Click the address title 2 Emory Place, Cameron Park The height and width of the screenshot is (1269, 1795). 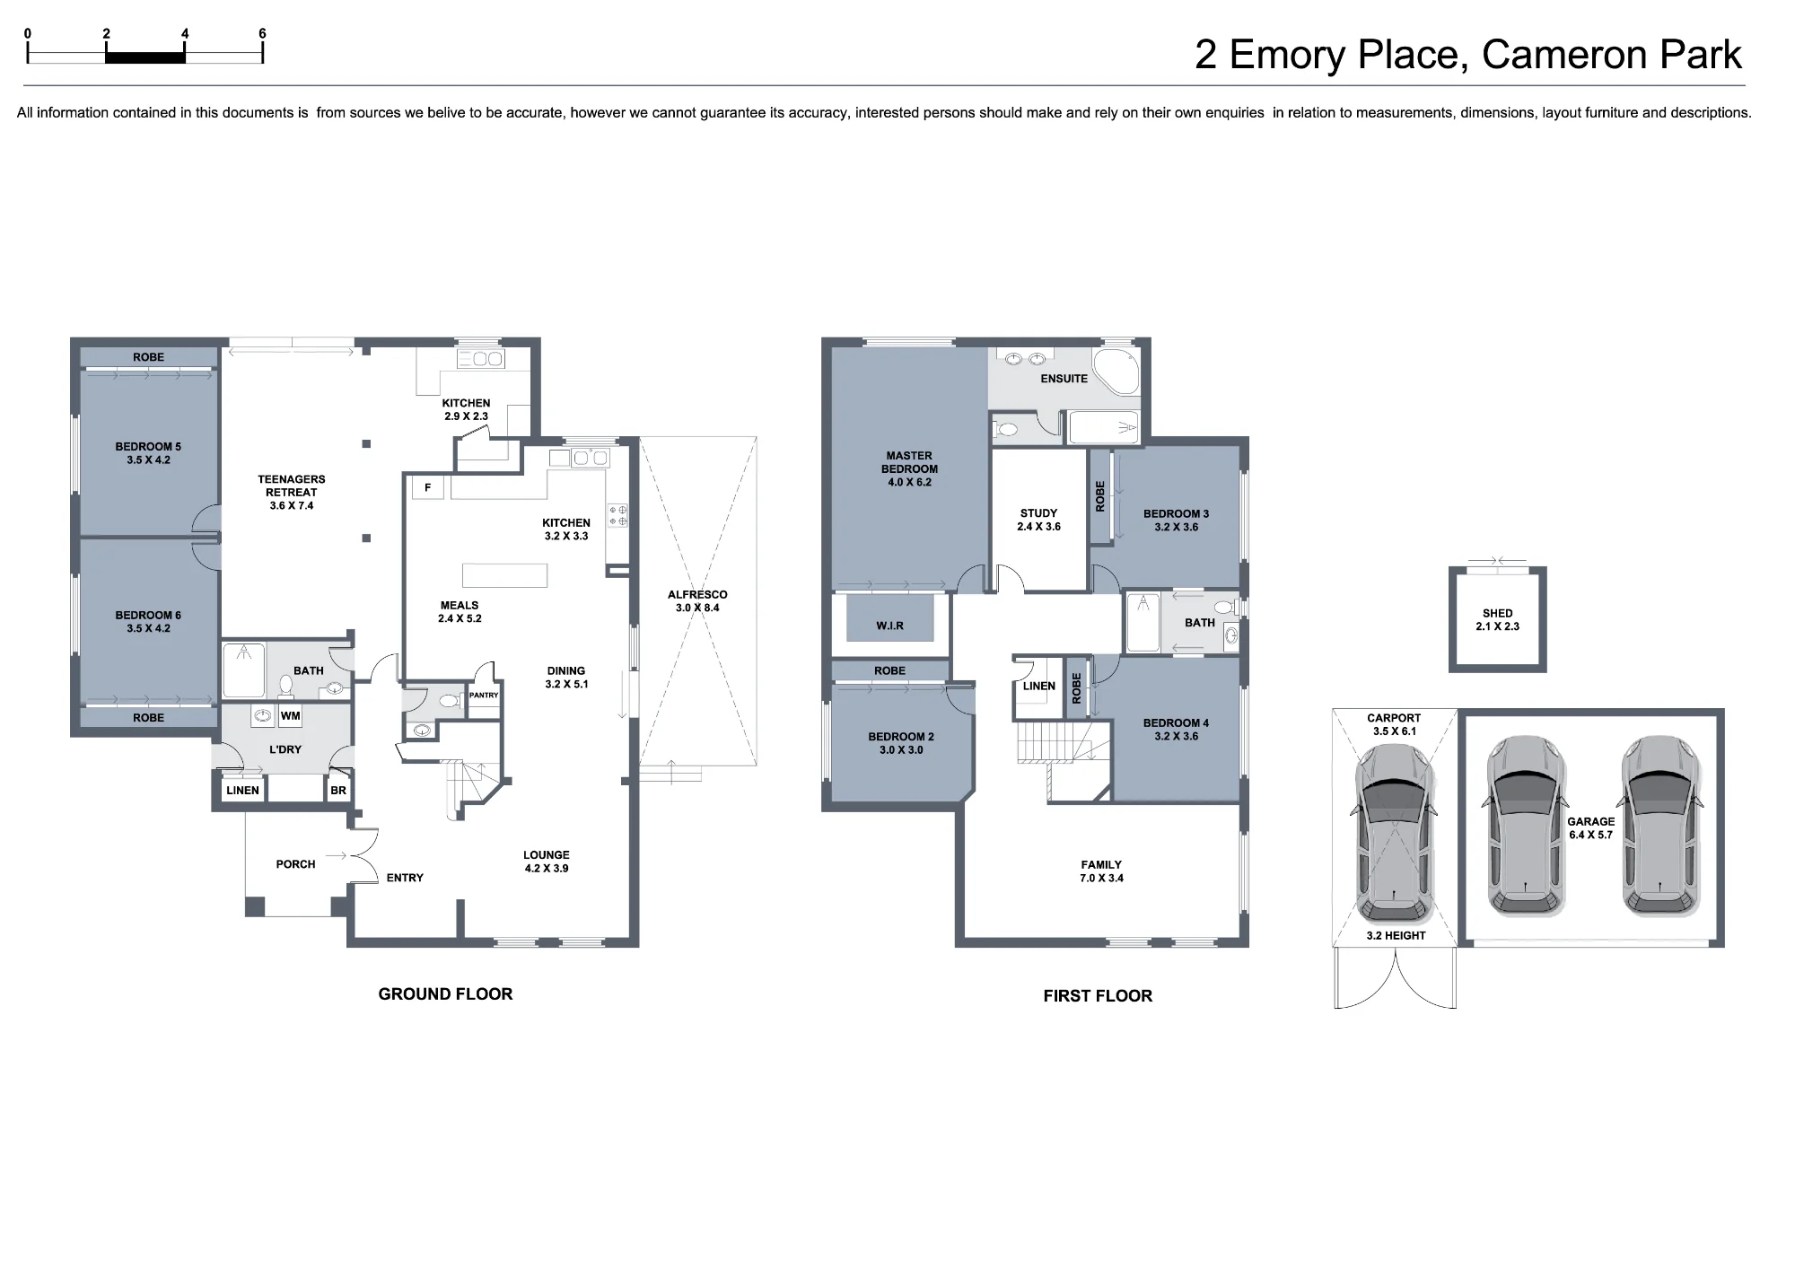coord(1467,55)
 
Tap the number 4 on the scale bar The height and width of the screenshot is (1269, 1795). coord(185,34)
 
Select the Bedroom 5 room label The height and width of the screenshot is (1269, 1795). coord(148,453)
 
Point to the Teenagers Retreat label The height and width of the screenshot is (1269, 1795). coord(292,492)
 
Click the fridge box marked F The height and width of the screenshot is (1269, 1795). coord(428,487)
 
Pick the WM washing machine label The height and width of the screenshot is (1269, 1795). coord(291,716)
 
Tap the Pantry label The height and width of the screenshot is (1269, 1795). coord(484,696)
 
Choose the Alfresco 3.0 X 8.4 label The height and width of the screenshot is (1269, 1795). coord(697,601)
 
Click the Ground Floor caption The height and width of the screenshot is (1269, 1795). coord(445,993)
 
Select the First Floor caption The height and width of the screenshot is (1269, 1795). coord(1098,995)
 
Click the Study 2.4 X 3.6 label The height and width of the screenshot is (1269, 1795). coord(1038,520)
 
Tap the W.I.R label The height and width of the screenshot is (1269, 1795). coord(890,626)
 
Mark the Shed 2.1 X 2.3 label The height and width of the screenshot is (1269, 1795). coord(1497,620)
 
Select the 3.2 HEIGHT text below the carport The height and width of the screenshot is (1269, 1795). coord(1396,935)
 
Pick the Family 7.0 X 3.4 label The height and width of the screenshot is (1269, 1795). coord(1101,871)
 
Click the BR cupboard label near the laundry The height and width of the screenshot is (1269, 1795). coord(338,791)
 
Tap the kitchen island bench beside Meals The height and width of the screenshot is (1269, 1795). coord(504,574)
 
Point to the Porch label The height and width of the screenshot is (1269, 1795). coord(295,864)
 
